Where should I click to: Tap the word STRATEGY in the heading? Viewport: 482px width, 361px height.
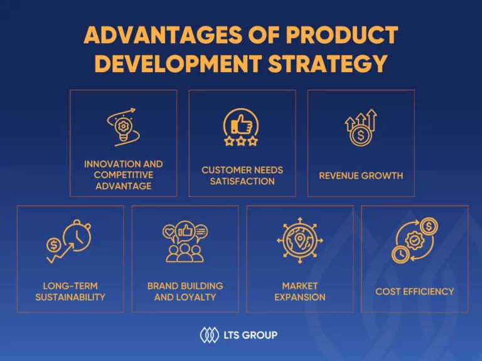point(328,64)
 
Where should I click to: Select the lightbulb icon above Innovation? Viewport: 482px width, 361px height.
point(123,129)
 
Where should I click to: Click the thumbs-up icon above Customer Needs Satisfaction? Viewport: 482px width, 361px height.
point(241,124)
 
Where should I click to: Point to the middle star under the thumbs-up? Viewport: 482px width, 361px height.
point(241,141)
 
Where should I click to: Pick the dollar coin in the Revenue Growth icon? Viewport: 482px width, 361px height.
point(361,135)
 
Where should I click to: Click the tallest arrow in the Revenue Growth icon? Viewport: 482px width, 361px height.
point(372,119)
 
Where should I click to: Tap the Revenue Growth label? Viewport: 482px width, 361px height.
point(361,175)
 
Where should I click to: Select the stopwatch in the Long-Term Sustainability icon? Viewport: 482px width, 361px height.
point(77,236)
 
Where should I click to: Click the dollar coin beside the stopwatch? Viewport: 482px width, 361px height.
point(54,245)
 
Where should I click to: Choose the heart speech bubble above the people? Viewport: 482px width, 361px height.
point(169,232)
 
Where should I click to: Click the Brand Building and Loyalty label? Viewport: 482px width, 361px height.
point(185,291)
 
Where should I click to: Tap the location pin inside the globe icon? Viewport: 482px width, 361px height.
point(299,240)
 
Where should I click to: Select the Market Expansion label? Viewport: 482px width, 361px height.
point(300,291)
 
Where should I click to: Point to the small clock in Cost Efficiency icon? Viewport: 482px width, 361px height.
point(400,254)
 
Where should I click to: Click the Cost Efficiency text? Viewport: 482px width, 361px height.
point(415,291)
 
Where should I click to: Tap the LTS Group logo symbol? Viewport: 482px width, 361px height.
point(210,335)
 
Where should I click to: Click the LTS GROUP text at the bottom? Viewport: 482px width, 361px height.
point(250,335)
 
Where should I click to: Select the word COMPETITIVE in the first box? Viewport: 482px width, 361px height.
point(124,175)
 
